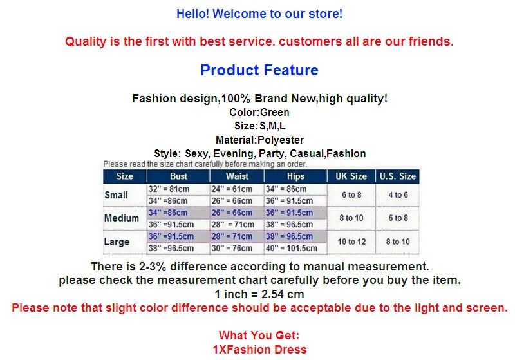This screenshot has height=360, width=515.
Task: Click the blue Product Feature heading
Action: click(259, 70)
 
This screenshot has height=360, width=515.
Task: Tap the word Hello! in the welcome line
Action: click(192, 14)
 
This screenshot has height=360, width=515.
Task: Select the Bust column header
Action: click(178, 176)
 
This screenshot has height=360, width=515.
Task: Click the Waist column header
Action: click(237, 176)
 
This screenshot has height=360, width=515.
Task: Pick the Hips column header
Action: click(295, 176)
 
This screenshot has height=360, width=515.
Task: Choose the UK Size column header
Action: click(351, 176)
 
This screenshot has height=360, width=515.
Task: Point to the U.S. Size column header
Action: click(398, 176)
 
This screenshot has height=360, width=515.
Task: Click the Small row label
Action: click(117, 194)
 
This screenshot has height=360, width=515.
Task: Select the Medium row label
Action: click(122, 218)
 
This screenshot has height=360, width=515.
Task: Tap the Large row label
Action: click(117, 242)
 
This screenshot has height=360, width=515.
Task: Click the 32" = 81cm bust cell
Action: click(169, 189)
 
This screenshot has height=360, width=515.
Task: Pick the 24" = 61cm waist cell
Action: click(232, 189)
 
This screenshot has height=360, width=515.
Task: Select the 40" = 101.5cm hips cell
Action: click(292, 249)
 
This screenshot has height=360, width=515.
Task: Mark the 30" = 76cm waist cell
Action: click(232, 249)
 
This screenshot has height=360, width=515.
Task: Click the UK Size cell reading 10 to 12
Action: click(351, 242)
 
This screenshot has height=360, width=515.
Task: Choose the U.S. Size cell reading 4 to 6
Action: click(398, 194)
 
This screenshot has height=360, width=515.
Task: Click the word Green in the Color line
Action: click(275, 112)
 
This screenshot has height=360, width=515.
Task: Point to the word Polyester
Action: click(281, 140)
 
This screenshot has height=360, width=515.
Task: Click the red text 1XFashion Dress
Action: click(259, 350)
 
